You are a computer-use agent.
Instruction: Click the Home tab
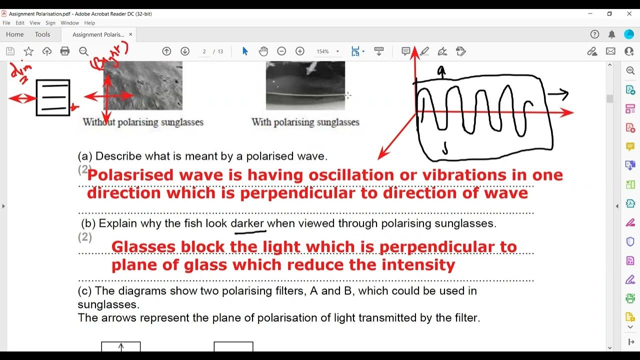click(x=15, y=34)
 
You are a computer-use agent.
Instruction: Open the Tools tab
click(x=42, y=34)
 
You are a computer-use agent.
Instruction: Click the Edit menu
click(x=20, y=23)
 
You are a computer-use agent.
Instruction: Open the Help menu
click(x=89, y=23)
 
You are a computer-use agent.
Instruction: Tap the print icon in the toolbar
click(x=64, y=51)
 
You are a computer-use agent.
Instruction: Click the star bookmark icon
click(x=28, y=51)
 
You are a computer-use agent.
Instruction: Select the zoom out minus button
click(x=281, y=51)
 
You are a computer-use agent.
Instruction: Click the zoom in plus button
click(x=300, y=51)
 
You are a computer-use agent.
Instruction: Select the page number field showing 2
click(x=204, y=51)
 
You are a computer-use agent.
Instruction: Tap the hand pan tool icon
click(x=263, y=51)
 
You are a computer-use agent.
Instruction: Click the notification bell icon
click(x=611, y=34)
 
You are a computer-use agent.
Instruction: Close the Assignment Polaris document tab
click(x=131, y=34)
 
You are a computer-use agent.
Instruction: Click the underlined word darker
click(x=247, y=223)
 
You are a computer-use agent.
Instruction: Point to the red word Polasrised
click(x=130, y=175)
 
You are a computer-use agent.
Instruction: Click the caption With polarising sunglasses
click(x=305, y=122)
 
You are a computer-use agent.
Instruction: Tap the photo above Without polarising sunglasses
click(x=143, y=85)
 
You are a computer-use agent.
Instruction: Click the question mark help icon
click(x=594, y=34)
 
